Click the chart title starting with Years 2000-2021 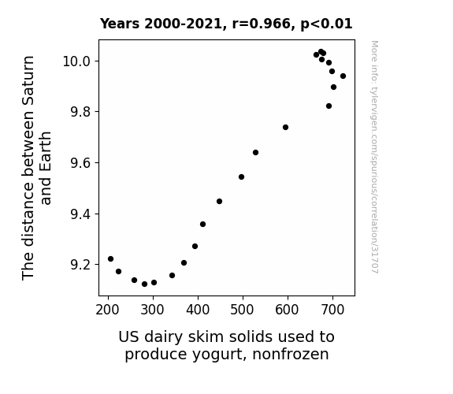click(226, 24)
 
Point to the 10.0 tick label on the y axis click(76, 61)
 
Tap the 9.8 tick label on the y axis click(80, 112)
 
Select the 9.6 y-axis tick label click(80, 163)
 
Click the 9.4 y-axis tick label click(80, 214)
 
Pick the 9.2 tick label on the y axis click(80, 265)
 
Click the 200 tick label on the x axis click(107, 310)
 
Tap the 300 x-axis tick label click(153, 310)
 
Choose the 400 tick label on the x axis click(198, 310)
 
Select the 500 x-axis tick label click(242, 310)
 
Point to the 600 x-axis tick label click(288, 310)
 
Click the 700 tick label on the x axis click(332, 310)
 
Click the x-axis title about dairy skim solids click(227, 345)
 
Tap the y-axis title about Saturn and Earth click(36, 168)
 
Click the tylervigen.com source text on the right click(375, 157)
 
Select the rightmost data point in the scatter click(343, 76)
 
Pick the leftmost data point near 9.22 click(110, 258)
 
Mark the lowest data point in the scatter click(144, 284)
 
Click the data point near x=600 click(285, 127)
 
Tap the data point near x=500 click(242, 177)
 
